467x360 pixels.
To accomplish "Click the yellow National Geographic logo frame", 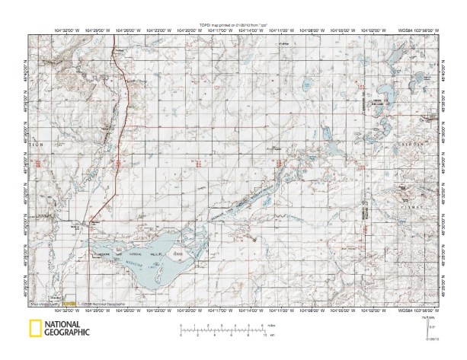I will pos(34,329).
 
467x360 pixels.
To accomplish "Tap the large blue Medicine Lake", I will pos(156,263).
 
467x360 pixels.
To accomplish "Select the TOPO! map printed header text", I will pos(233,24).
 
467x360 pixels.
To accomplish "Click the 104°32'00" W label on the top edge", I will pos(70,30).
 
